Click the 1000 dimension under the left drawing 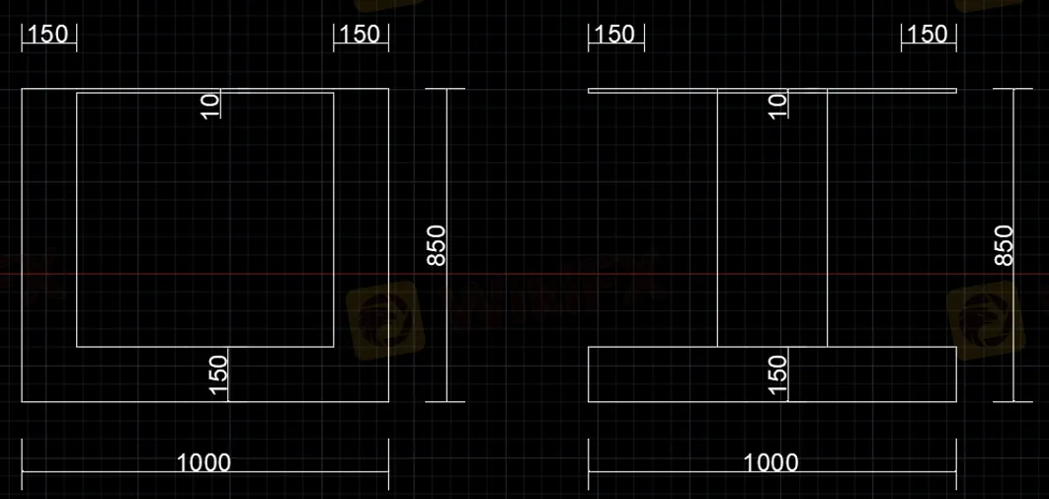tap(203, 461)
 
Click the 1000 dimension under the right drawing tap(770, 461)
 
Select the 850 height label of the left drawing tap(436, 245)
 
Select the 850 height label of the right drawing tap(1004, 245)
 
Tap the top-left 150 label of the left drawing tap(47, 34)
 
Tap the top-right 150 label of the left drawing tap(359, 34)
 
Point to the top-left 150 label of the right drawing tap(614, 34)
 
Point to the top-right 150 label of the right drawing tap(927, 34)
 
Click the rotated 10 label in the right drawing tap(777, 105)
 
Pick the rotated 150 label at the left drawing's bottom tap(218, 374)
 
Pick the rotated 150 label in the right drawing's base tap(777, 374)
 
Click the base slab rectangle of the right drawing tap(869, 374)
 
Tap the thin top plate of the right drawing tap(652, 91)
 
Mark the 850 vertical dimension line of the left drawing tap(447, 326)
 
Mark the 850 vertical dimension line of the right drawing tap(1014, 326)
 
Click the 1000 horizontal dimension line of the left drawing tap(99, 471)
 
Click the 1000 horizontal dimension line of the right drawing tap(672, 471)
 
